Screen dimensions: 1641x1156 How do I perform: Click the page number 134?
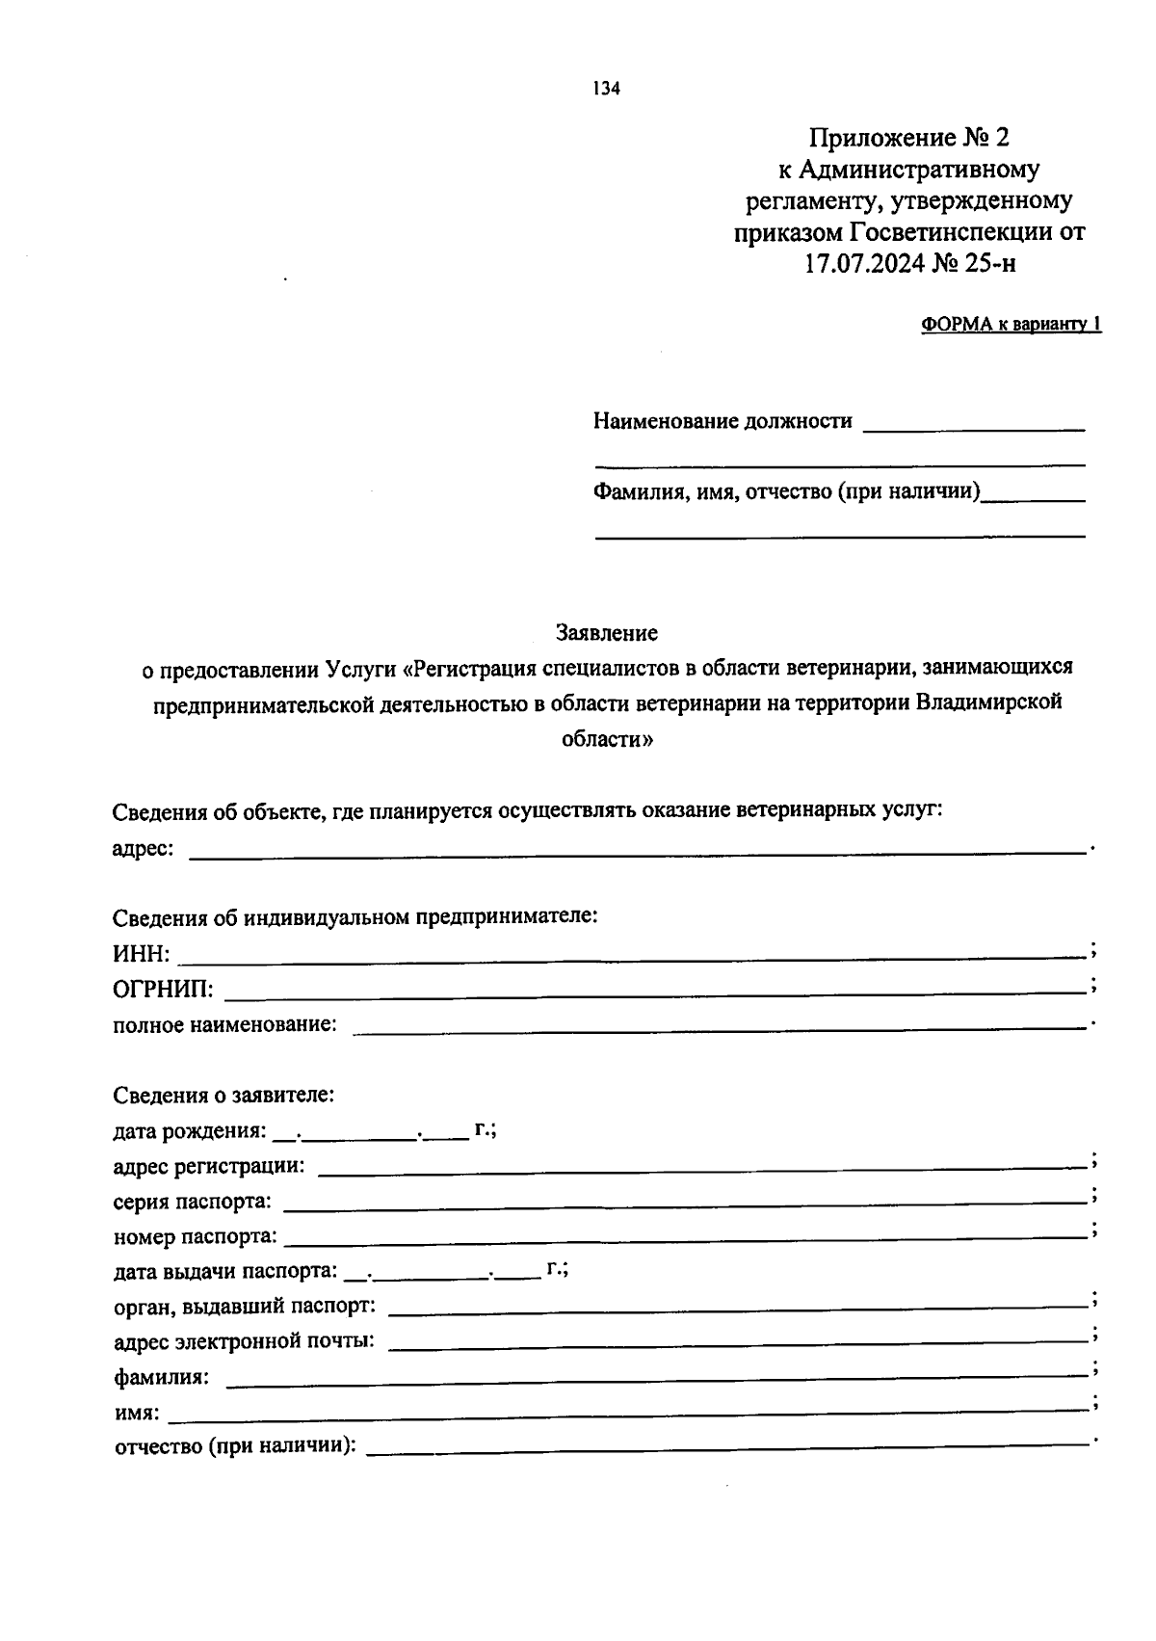coord(607,89)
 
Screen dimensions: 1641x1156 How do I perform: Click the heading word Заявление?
coord(607,633)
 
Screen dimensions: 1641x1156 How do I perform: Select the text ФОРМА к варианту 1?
coord(1011,325)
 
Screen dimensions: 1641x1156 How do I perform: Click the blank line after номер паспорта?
coord(686,1236)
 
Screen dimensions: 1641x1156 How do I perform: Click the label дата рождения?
coord(189,1130)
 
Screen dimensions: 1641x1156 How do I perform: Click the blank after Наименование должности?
coord(974,424)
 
